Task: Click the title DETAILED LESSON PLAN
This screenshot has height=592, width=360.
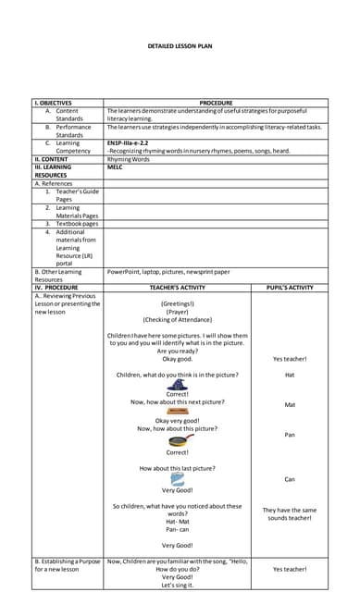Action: click(x=180, y=46)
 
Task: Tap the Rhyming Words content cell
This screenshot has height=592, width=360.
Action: click(x=128, y=158)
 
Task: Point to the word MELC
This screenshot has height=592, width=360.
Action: click(x=116, y=166)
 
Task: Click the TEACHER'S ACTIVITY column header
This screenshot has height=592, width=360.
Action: click(x=177, y=288)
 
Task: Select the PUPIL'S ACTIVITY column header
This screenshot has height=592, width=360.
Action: click(x=290, y=288)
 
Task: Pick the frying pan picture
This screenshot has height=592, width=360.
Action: click(x=178, y=440)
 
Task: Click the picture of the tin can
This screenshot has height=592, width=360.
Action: click(x=178, y=478)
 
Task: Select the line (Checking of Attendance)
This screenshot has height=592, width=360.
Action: click(x=178, y=320)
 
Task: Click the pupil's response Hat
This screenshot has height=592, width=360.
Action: click(x=290, y=375)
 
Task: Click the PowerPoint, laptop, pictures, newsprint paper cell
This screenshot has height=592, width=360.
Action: click(x=168, y=272)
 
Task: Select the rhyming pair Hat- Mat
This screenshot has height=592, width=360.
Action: click(x=178, y=522)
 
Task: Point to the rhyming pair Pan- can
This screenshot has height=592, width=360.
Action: click(x=178, y=530)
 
